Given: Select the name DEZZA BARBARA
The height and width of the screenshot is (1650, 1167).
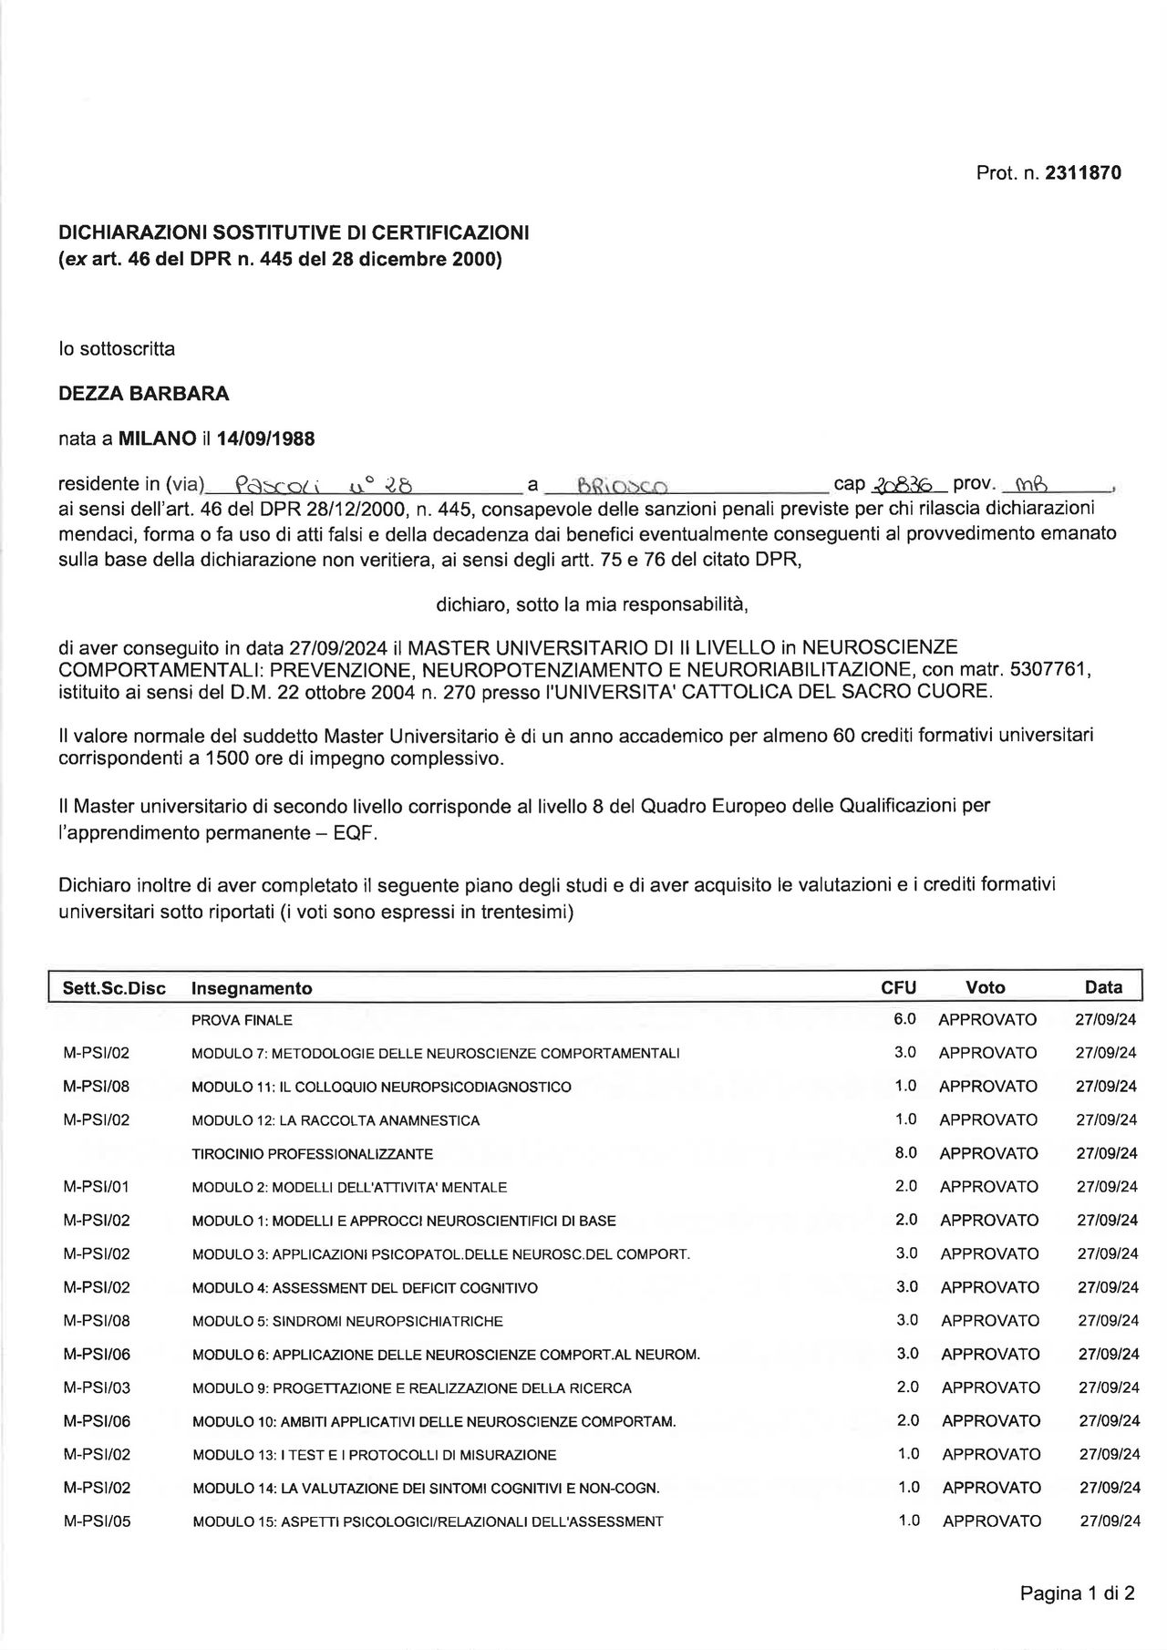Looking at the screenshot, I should tap(143, 394).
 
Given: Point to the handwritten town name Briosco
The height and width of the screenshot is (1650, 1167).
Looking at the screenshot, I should tap(623, 486).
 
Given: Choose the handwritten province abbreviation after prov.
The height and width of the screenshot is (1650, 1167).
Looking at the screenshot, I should tap(1033, 484).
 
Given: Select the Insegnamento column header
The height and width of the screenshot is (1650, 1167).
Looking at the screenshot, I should tap(252, 988).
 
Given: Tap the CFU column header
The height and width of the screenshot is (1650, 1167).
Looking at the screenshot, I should tap(898, 987).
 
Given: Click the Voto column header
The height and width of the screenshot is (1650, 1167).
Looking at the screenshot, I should tap(985, 987).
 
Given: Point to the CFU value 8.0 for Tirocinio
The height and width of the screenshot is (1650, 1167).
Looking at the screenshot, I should tap(905, 1152).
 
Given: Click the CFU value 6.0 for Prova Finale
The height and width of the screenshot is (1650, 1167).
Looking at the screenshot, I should tap(904, 1018).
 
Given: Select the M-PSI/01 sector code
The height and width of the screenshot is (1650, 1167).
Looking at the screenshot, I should tap(97, 1186).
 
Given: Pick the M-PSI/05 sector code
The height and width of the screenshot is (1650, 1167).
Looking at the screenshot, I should tap(97, 1521).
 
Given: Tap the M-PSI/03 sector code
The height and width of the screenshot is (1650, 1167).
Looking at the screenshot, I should tap(97, 1387).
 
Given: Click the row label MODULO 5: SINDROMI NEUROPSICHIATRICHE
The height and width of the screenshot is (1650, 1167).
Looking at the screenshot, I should tap(347, 1321).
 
